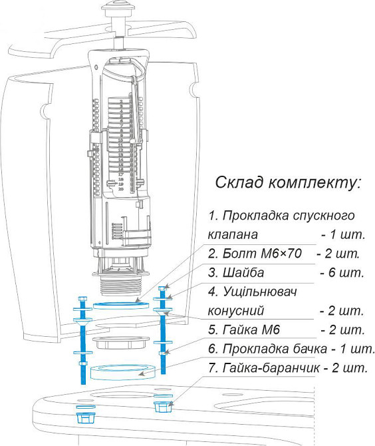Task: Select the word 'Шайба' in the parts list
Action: click(x=243, y=272)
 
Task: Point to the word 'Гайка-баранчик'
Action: click(x=271, y=368)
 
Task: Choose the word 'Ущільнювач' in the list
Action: click(x=260, y=292)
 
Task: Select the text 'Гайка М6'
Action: click(x=251, y=330)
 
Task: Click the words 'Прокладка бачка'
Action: click(x=275, y=349)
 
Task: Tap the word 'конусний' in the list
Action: click(x=236, y=311)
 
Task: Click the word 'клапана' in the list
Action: click(x=233, y=235)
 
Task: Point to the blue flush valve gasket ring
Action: click(x=121, y=306)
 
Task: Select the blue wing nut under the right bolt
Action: click(x=163, y=407)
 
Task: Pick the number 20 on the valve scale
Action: click(x=121, y=189)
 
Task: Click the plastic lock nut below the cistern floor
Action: click(x=121, y=343)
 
